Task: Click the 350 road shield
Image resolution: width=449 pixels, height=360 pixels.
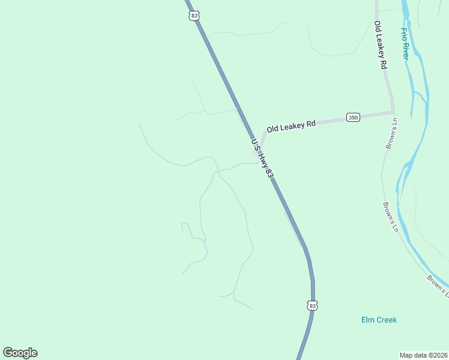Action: coord(353,118)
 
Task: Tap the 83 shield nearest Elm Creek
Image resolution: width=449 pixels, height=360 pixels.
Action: coord(312,305)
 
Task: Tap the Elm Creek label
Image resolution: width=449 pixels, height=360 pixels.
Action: coord(379,320)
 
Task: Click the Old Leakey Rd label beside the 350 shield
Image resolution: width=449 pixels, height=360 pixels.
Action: coord(291,126)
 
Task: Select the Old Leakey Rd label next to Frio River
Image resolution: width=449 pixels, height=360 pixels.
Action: coord(379,46)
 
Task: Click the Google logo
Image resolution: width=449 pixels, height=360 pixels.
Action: coord(20,353)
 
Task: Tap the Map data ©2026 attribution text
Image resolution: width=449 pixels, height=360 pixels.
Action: coord(424,355)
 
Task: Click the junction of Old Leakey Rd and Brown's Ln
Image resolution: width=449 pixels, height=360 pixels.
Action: coord(393,112)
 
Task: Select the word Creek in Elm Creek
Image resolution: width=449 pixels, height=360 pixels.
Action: coord(387,320)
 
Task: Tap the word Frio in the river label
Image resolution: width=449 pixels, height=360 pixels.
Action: coord(404,33)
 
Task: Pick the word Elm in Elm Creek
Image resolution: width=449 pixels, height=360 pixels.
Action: coord(368,320)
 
